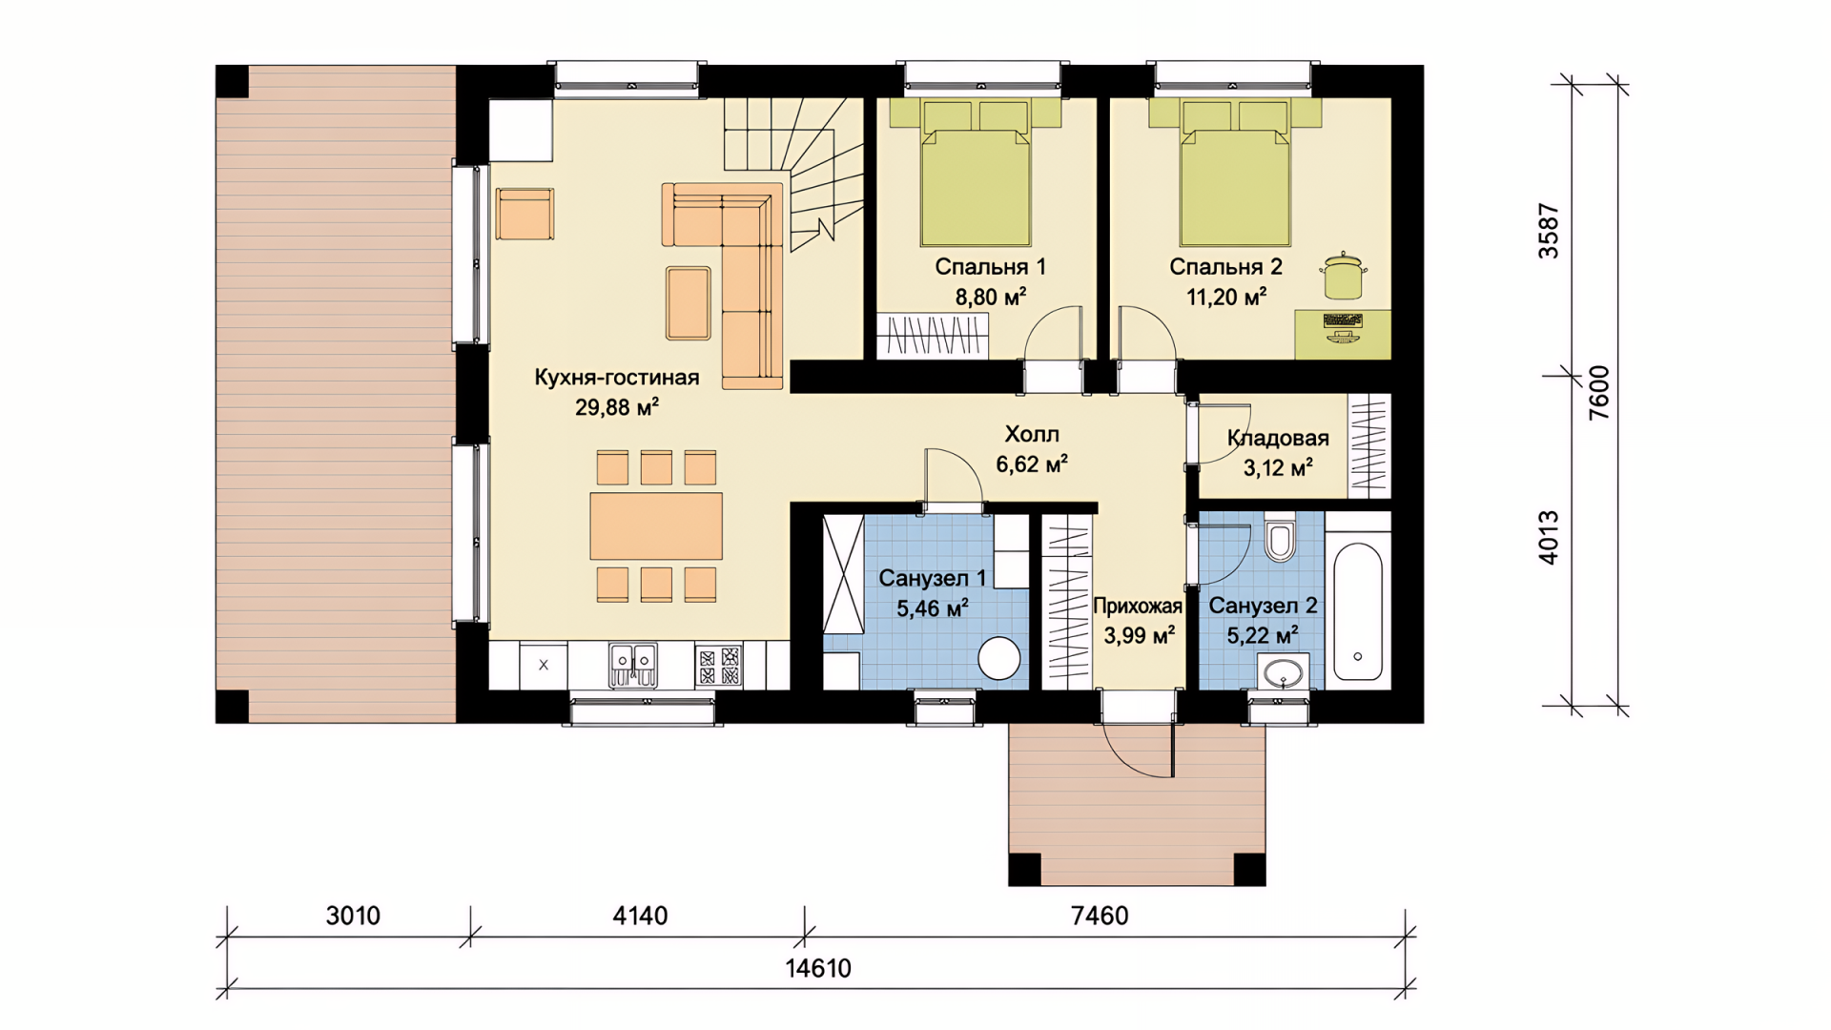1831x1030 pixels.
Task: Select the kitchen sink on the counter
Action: [x=633, y=664]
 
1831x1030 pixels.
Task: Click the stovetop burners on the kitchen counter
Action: [x=718, y=665]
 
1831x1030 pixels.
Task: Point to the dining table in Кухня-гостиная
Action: [x=656, y=525]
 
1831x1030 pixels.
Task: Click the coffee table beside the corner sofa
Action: [x=688, y=303]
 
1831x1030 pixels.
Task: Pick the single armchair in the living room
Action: [x=525, y=214]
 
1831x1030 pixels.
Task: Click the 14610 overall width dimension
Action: [x=818, y=969]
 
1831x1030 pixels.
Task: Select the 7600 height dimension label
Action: [x=1599, y=393]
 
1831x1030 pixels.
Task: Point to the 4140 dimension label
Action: [x=640, y=916]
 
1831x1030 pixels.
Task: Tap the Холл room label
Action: [x=1032, y=435]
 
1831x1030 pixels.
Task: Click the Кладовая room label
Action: [x=1278, y=439]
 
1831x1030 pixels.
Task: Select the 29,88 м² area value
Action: [x=617, y=408]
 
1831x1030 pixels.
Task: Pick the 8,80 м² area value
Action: [x=991, y=298]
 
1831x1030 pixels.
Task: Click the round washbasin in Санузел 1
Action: [x=998, y=658]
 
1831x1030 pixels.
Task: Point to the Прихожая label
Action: [x=1138, y=607]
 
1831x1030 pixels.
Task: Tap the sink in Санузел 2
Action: [x=1283, y=672]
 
